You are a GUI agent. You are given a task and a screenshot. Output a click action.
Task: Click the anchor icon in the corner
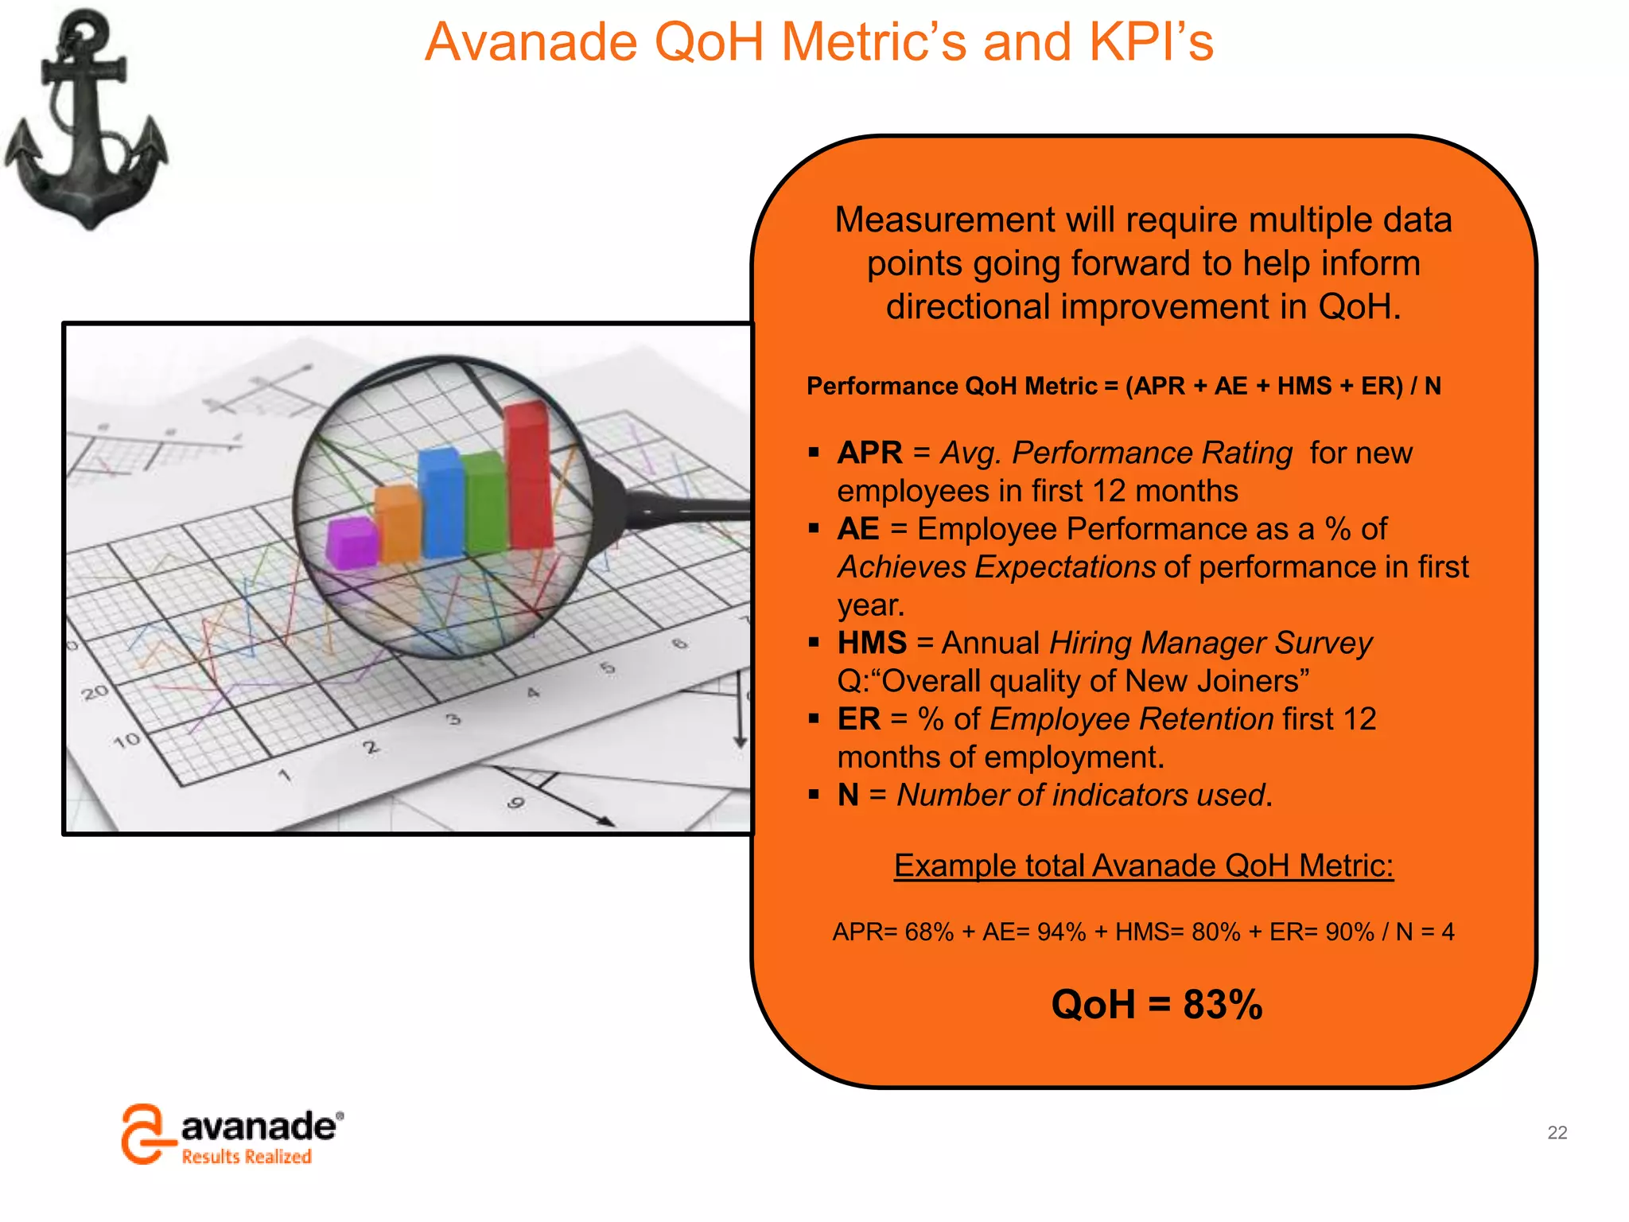[85, 119]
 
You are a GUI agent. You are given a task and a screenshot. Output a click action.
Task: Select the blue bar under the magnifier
[441, 503]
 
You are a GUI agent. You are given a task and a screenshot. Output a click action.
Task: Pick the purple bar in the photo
[351, 543]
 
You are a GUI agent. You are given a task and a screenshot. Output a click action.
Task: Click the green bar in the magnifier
[484, 503]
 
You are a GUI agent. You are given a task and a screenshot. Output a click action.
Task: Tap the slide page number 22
[1557, 1132]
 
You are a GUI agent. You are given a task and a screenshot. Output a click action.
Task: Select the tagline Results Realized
[246, 1157]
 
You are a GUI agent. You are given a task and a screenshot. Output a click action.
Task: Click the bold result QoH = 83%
[1156, 1004]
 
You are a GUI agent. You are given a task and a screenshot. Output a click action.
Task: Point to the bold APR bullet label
[869, 453]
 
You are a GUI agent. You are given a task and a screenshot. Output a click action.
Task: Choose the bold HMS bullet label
[872, 643]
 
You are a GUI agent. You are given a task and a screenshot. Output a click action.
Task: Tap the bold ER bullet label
[859, 719]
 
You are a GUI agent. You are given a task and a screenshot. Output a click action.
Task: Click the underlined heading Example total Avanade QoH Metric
[1143, 866]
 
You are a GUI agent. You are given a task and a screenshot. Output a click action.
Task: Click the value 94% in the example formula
[1061, 932]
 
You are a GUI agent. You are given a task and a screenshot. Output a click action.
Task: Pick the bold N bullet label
[848, 795]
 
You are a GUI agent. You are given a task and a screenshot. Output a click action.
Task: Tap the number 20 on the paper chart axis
[95, 693]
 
